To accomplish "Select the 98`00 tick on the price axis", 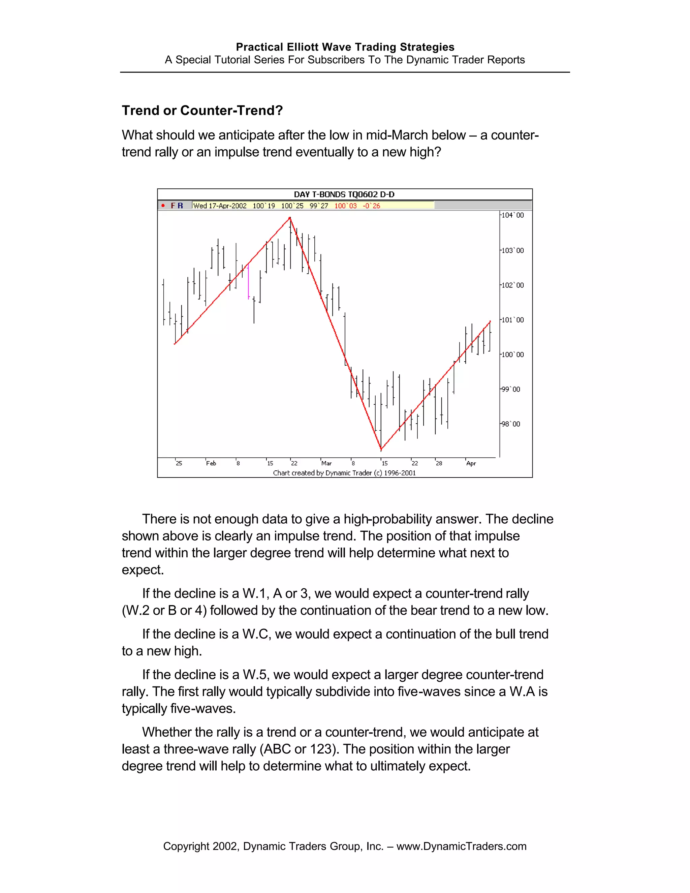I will tap(511, 424).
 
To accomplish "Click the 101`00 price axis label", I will tap(512, 320).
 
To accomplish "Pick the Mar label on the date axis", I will tap(326, 463).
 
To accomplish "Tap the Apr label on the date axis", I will tap(471, 463).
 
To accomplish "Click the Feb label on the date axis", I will tap(211, 463).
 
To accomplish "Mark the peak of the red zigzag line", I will tap(290, 218).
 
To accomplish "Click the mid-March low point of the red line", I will tap(381, 449).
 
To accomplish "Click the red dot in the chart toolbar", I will tap(163, 206).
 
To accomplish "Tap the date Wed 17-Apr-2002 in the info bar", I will tap(220, 206).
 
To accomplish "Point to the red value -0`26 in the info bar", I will tap(371, 206).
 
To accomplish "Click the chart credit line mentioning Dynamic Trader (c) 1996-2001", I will tap(344, 473).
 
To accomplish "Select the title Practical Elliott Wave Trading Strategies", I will tap(345, 47).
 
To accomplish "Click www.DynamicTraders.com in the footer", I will tap(461, 846).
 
